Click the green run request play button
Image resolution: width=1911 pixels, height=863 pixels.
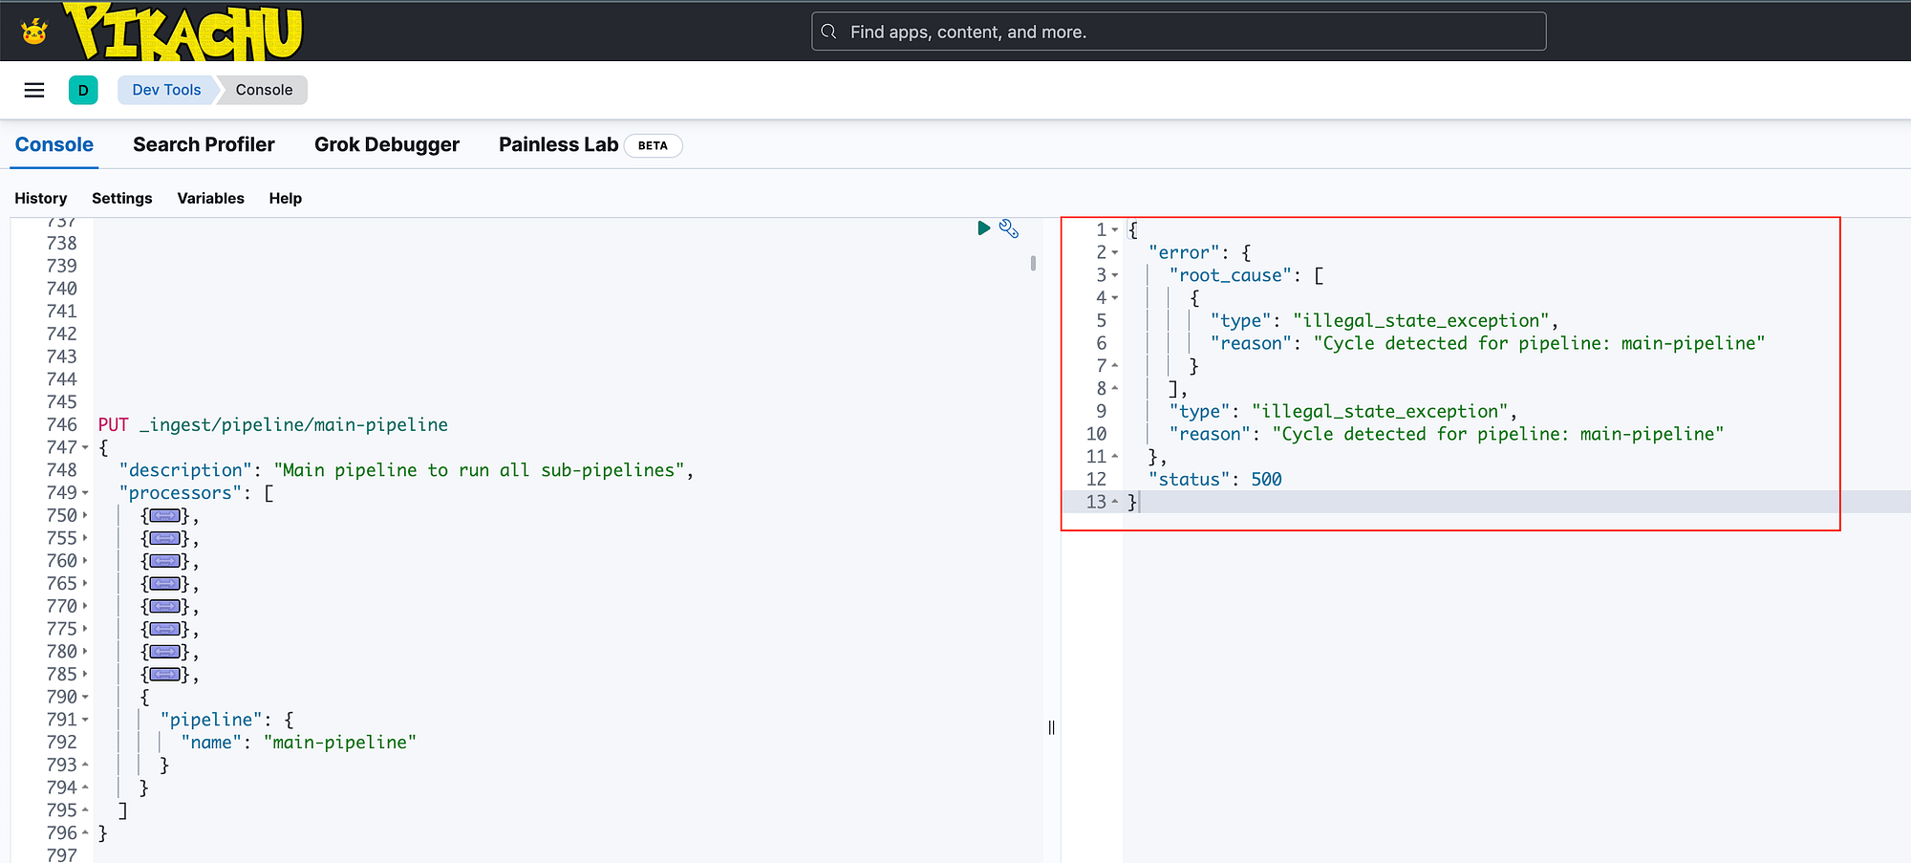[983, 228]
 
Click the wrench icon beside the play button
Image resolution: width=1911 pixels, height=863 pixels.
[1009, 228]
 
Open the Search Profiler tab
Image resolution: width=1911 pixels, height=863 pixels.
[204, 144]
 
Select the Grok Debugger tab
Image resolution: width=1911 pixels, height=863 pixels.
[387, 144]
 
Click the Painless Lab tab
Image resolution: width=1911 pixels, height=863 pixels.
[558, 144]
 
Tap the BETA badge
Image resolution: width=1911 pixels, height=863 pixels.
[653, 145]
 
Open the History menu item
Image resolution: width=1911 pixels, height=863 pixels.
[41, 198]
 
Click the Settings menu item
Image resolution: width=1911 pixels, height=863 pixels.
[122, 198]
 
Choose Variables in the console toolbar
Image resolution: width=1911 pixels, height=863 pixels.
[211, 198]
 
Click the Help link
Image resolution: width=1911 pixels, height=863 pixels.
[285, 198]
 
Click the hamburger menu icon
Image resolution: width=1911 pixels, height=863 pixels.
[34, 90]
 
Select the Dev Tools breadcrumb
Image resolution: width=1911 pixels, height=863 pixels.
[166, 90]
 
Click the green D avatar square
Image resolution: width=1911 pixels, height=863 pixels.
[83, 90]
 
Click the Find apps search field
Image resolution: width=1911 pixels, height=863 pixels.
[1178, 32]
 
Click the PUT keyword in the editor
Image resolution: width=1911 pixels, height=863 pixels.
[113, 424]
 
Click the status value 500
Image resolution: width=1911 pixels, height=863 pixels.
[1266, 479]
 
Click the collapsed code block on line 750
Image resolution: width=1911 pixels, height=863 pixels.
[164, 516]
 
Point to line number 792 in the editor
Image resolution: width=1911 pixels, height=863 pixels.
[61, 742]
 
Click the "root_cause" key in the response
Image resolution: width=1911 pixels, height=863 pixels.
[1231, 275]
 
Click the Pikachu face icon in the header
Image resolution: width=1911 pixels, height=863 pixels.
[34, 32]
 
